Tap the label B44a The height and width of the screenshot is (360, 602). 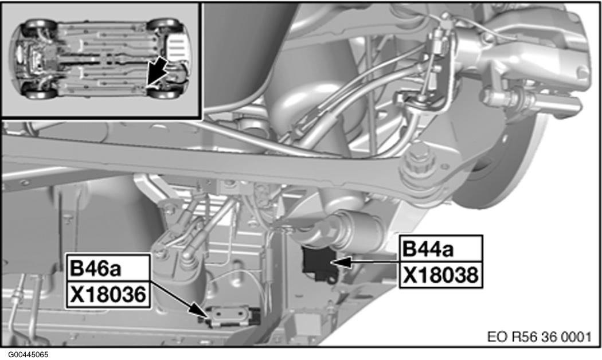pyautogui.click(x=429, y=249)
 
